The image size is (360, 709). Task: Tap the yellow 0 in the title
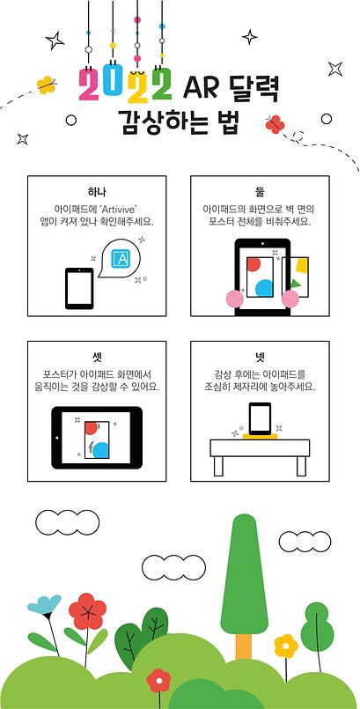pos(112,86)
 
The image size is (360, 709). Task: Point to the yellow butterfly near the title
pos(46,85)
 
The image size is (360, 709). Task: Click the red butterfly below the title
pos(276,123)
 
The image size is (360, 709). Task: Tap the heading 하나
pos(98,192)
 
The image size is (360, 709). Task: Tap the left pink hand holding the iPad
pos(234,298)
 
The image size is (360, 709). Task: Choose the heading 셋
pos(98,357)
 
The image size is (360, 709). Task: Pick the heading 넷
pos(260,357)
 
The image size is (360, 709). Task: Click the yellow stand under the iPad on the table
pos(260,435)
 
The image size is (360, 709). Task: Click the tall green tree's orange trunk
pos(245,647)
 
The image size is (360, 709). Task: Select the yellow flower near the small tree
pos(285,647)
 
